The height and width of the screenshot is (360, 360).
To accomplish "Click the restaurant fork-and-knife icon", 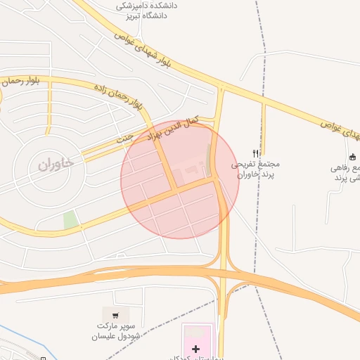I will point(256,153).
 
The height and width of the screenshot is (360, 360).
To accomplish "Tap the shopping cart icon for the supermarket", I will point(115,315).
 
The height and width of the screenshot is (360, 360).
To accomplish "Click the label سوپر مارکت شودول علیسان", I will point(115,331).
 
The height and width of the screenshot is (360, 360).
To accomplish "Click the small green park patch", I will point(70,220).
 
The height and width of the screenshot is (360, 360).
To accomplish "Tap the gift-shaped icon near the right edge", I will point(352,157).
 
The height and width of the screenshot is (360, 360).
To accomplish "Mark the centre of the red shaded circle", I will point(180,180).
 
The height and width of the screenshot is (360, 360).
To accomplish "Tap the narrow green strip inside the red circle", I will point(208,156).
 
